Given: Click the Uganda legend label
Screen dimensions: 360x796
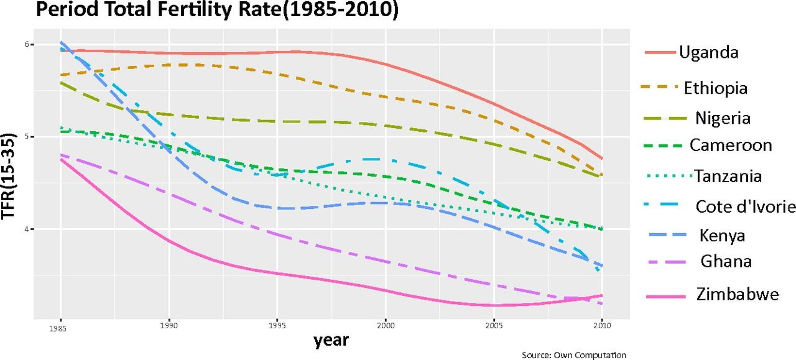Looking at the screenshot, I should point(709,52).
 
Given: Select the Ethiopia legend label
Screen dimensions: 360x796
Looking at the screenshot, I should point(715,88).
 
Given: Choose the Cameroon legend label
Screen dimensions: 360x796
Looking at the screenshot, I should point(731,145).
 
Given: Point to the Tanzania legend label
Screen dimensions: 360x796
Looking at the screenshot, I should point(728,177).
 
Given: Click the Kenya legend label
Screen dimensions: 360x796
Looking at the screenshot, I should point(722,236).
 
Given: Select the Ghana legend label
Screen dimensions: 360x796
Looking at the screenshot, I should point(726,262).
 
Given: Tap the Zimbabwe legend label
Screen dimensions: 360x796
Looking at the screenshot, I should point(738,294).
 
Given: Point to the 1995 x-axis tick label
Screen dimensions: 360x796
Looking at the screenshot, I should point(278,325).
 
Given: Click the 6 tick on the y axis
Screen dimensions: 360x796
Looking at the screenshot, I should point(27,45).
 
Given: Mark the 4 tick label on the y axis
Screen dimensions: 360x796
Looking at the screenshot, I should point(27,229).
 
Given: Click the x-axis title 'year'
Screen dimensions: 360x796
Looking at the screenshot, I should point(331,340).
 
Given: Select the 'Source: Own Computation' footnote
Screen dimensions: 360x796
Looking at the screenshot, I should point(574,354).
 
